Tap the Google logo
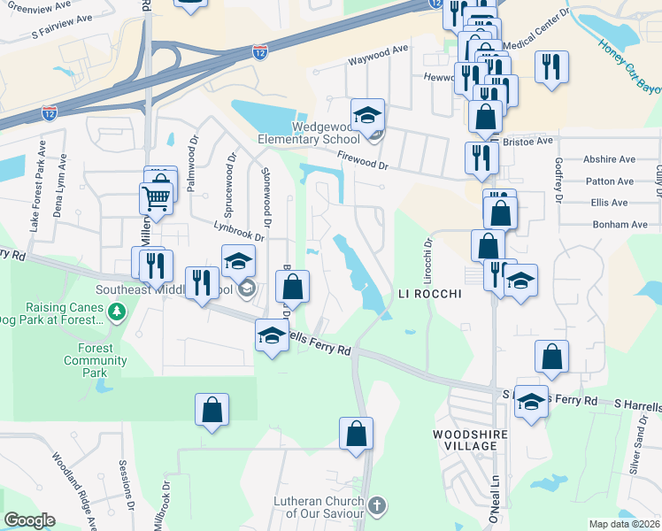tap(28, 520)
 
